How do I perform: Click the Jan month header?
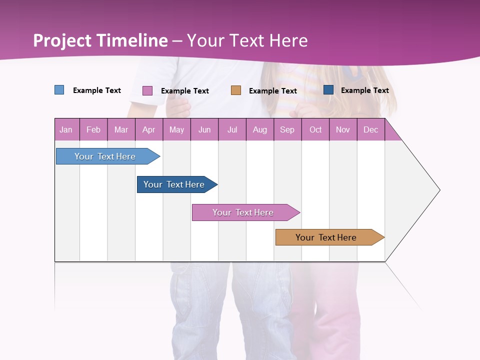tap(66, 129)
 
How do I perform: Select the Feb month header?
tap(93, 129)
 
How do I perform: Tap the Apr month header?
tap(149, 129)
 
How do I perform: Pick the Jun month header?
tap(204, 129)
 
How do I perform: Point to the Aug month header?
tap(259, 129)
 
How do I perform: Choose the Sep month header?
tap(287, 129)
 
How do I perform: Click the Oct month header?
tap(315, 129)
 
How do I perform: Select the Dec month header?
tap(370, 129)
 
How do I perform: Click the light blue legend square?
tap(59, 90)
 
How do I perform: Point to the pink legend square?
tap(147, 90)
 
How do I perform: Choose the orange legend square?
tap(236, 90)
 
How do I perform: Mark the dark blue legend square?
tap(328, 90)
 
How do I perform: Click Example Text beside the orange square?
tap(273, 91)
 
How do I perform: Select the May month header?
tap(176, 129)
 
